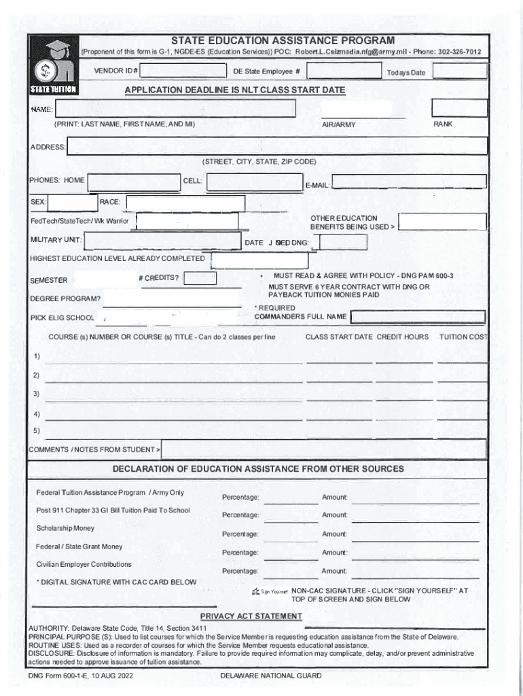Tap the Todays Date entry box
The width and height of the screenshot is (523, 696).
[459, 71]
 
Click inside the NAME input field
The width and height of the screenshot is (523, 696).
[175, 109]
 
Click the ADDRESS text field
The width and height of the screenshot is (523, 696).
[276, 146]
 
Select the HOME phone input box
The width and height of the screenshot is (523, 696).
[133, 182]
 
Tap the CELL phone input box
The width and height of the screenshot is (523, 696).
[253, 182]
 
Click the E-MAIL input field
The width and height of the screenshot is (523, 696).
[409, 181]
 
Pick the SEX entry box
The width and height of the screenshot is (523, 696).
[73, 203]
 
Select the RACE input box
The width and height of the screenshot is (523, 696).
[185, 203]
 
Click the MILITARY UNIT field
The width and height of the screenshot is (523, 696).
[162, 241]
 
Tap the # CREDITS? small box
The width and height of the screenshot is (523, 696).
[200, 278]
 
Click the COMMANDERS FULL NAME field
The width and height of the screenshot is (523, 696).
[417, 317]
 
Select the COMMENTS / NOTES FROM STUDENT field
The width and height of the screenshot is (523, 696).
[323, 449]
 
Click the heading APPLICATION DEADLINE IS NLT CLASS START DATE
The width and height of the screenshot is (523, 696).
[235, 90]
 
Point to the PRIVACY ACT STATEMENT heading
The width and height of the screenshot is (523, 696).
[251, 616]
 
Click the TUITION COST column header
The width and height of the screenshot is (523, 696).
[464, 337]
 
